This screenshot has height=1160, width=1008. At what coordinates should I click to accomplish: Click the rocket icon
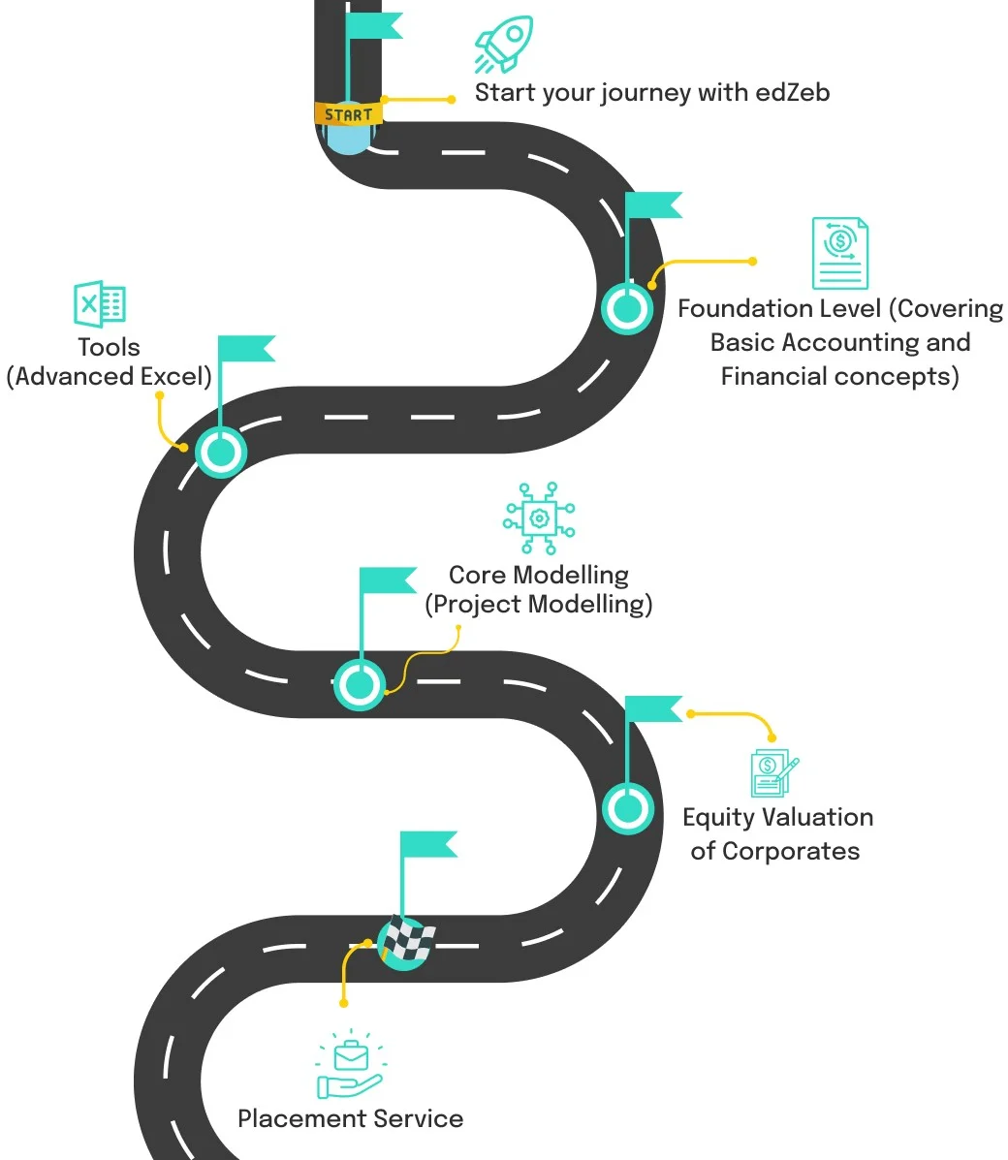[x=503, y=44]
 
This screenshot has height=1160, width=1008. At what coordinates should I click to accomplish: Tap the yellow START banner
[x=348, y=113]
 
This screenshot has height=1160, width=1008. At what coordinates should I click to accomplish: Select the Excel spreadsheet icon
[x=100, y=304]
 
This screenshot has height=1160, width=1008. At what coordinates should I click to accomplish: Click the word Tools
[x=109, y=347]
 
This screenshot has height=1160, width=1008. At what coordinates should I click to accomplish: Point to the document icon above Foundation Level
[x=839, y=253]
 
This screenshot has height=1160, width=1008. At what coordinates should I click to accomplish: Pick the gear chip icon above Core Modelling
[x=539, y=518]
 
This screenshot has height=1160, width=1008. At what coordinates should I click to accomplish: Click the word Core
[x=478, y=575]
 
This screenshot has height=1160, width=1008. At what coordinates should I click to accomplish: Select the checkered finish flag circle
[x=406, y=940]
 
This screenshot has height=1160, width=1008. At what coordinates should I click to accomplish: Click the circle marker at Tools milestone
[x=221, y=452]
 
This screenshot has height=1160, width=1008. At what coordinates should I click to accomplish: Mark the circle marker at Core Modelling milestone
[x=360, y=684]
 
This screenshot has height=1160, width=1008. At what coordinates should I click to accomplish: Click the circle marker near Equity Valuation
[x=628, y=807]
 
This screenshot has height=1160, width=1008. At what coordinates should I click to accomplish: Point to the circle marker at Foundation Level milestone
[x=627, y=309]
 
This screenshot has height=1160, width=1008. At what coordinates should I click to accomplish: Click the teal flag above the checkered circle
[x=427, y=844]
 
